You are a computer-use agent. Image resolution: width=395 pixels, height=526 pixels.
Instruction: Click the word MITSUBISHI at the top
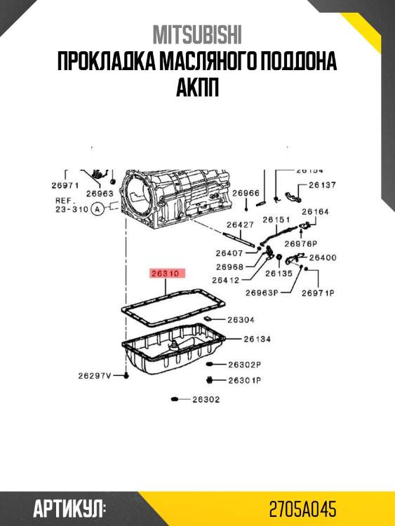pyautogui.click(x=197, y=34)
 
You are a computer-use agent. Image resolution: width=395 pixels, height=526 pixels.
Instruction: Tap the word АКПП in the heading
pyautogui.click(x=197, y=87)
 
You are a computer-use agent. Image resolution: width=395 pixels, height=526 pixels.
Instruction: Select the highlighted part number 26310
pyautogui.click(x=168, y=274)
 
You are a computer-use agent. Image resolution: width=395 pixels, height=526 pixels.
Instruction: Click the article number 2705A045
pyautogui.click(x=302, y=509)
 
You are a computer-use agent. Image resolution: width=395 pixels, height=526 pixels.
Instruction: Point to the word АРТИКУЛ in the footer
pyautogui.click(x=69, y=509)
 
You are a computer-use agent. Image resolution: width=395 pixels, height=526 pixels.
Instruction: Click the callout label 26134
pyautogui.click(x=257, y=339)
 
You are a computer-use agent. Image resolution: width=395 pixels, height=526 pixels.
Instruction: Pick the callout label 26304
pyautogui.click(x=241, y=320)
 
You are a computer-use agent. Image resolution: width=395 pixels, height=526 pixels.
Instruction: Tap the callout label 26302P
pyautogui.click(x=245, y=364)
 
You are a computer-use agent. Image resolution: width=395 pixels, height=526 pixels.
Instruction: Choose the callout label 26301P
pyautogui.click(x=245, y=380)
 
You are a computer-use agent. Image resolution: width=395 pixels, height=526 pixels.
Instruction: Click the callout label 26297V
pyautogui.click(x=95, y=376)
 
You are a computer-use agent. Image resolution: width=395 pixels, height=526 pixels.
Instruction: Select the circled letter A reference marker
pyautogui.click(x=98, y=209)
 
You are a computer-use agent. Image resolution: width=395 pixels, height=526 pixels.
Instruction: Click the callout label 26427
pyautogui.click(x=240, y=224)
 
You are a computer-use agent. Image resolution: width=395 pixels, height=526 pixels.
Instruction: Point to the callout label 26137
pyautogui.click(x=322, y=185)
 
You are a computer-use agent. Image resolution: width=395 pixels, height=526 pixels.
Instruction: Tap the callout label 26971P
pyautogui.click(x=318, y=293)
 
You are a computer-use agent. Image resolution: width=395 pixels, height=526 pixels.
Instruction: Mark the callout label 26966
pyautogui.click(x=246, y=193)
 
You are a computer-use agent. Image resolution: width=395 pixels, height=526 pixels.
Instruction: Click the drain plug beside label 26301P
pyautogui.click(x=210, y=380)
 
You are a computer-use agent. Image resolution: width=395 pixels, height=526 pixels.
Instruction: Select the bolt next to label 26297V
pyautogui.click(x=126, y=375)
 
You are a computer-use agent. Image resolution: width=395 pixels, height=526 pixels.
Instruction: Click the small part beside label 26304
pyautogui.click(x=208, y=318)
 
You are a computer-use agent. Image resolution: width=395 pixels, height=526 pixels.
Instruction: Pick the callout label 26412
pyautogui.click(x=226, y=280)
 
